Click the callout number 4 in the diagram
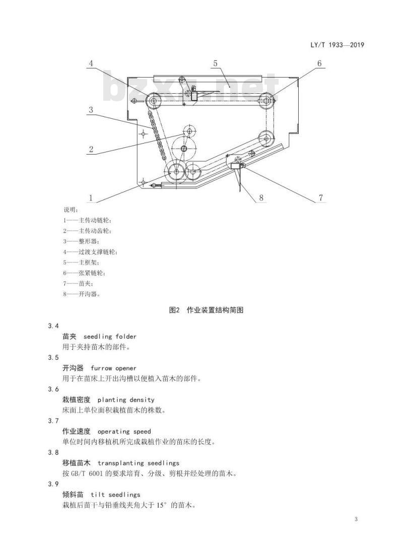tap(91, 63)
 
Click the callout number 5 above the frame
tap(215, 63)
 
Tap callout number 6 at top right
tap(319, 63)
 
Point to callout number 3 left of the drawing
tap(91, 110)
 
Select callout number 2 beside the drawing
tap(91, 150)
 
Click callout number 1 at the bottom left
tap(91, 198)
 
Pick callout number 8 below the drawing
tap(261, 198)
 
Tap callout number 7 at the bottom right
tap(321, 198)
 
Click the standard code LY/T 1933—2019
tap(337, 45)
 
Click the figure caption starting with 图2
tap(206, 310)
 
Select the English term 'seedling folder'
tap(110, 336)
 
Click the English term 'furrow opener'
tap(113, 368)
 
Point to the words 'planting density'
tap(126, 400)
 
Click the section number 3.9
tap(53, 484)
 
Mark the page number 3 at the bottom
tap(356, 519)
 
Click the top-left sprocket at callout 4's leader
tap(153, 101)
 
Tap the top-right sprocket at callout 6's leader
tap(267, 101)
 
